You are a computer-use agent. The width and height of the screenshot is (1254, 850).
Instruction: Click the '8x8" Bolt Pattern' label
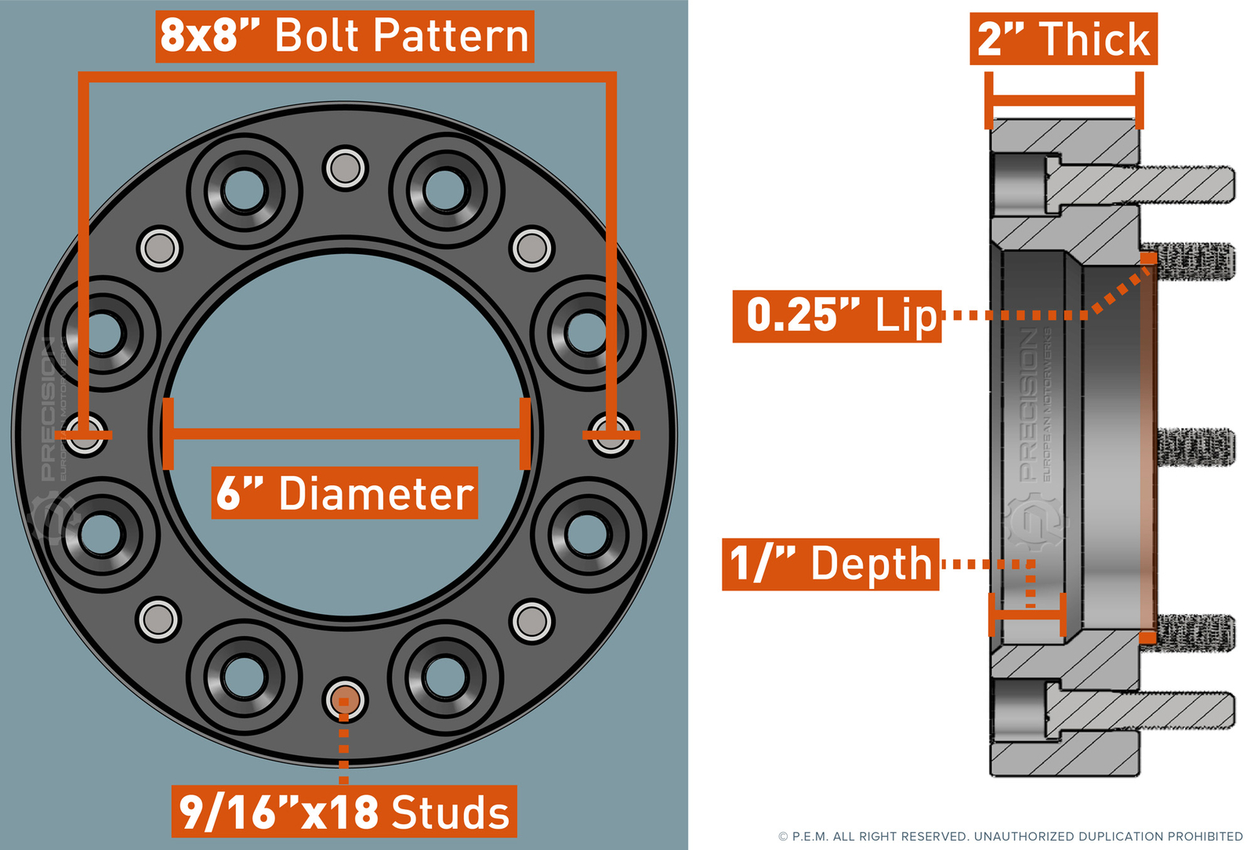[x=345, y=36]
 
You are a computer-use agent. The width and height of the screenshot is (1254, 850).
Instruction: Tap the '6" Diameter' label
[x=344, y=493]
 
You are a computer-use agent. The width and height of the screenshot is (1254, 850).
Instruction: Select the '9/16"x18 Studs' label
[x=344, y=812]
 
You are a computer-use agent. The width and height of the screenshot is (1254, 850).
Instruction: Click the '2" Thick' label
[x=1063, y=39]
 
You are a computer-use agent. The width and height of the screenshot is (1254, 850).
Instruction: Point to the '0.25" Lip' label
[x=836, y=316]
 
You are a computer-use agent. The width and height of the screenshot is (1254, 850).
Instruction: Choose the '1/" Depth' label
[x=830, y=564]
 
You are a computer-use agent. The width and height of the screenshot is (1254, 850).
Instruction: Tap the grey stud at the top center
[x=345, y=167]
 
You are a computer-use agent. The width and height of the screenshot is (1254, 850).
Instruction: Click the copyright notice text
[x=1010, y=837]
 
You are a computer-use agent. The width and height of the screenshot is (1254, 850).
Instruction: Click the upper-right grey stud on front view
[x=532, y=249]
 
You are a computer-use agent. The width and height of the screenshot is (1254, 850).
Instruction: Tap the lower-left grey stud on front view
[x=159, y=619]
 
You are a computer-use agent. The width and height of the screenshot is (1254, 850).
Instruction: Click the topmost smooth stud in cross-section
[x=1176, y=183]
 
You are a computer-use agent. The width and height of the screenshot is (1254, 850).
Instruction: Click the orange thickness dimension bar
[x=1064, y=100]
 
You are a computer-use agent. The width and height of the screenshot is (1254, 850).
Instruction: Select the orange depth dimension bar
[x=1027, y=614]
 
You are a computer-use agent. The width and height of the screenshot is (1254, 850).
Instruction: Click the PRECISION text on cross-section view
[x=1029, y=404]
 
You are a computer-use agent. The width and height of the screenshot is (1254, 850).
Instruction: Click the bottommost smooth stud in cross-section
[x=1176, y=710]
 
